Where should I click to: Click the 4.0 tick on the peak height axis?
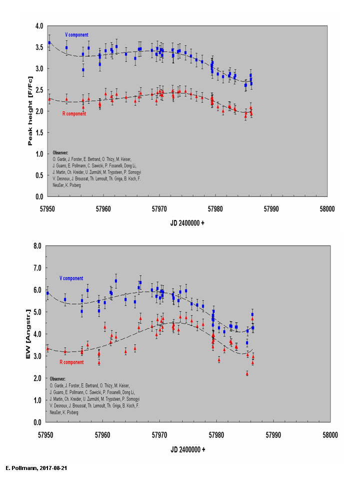point(39,25)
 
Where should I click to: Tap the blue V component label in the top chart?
point(76,35)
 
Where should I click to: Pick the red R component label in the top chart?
point(75,113)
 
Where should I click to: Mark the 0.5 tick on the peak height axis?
point(39,175)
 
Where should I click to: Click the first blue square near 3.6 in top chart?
point(49,43)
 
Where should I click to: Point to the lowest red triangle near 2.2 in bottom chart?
point(247,373)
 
